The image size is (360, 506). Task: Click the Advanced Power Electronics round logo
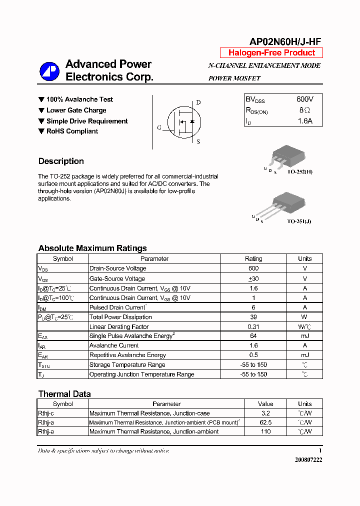(49, 71)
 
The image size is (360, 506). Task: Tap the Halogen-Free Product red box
(271, 53)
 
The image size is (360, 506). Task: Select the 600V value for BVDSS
(305, 99)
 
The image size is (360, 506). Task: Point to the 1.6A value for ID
(305, 121)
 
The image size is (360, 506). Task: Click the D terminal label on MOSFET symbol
(198, 102)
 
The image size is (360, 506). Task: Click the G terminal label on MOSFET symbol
(159, 128)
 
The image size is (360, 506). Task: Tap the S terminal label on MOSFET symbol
(198, 141)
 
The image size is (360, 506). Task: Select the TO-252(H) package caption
(300, 171)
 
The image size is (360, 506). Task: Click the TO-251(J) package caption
(299, 221)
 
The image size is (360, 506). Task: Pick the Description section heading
(61, 161)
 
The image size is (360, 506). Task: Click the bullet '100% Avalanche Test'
(79, 99)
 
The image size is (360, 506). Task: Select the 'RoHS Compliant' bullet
(72, 131)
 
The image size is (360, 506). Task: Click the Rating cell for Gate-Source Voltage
(253, 278)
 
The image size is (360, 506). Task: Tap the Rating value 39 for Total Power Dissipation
(253, 317)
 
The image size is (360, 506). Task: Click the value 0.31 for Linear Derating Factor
(253, 326)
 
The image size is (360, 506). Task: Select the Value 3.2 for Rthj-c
(265, 413)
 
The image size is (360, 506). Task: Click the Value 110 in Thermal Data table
(265, 431)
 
